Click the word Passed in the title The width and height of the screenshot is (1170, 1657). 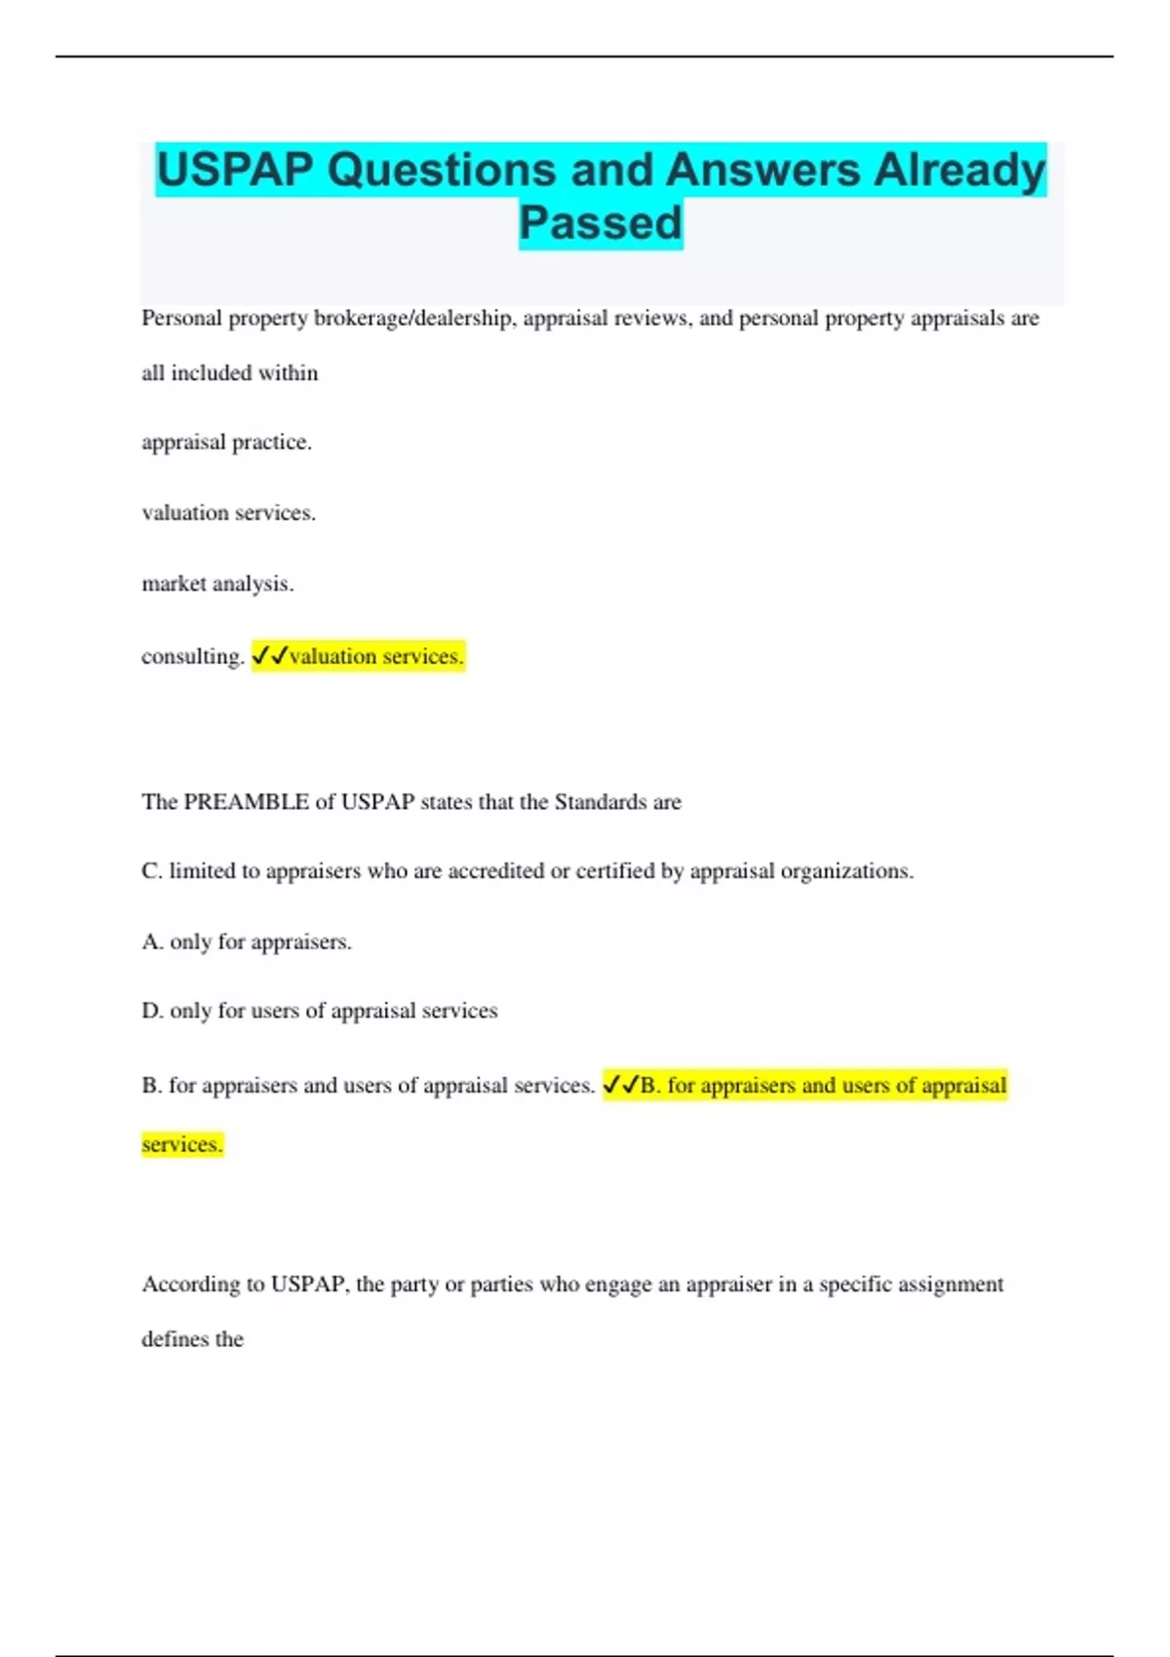(x=601, y=223)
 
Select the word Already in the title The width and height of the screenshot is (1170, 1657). (x=958, y=171)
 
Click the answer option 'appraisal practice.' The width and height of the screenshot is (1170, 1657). (x=226, y=443)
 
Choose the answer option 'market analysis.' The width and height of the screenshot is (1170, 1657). (x=217, y=584)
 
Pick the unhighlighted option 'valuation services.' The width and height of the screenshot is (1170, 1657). (x=228, y=513)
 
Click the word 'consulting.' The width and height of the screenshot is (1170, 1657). (x=192, y=657)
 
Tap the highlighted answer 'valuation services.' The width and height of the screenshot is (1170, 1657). (x=376, y=657)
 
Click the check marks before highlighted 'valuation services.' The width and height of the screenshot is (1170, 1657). (x=269, y=656)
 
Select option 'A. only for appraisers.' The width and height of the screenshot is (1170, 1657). (x=247, y=942)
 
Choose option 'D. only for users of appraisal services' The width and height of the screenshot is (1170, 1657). (x=319, y=1011)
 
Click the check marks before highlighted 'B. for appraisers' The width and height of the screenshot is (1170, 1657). (x=621, y=1084)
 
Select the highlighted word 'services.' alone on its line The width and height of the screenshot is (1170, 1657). (x=182, y=1144)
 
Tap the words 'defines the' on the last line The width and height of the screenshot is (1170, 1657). (x=192, y=1339)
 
